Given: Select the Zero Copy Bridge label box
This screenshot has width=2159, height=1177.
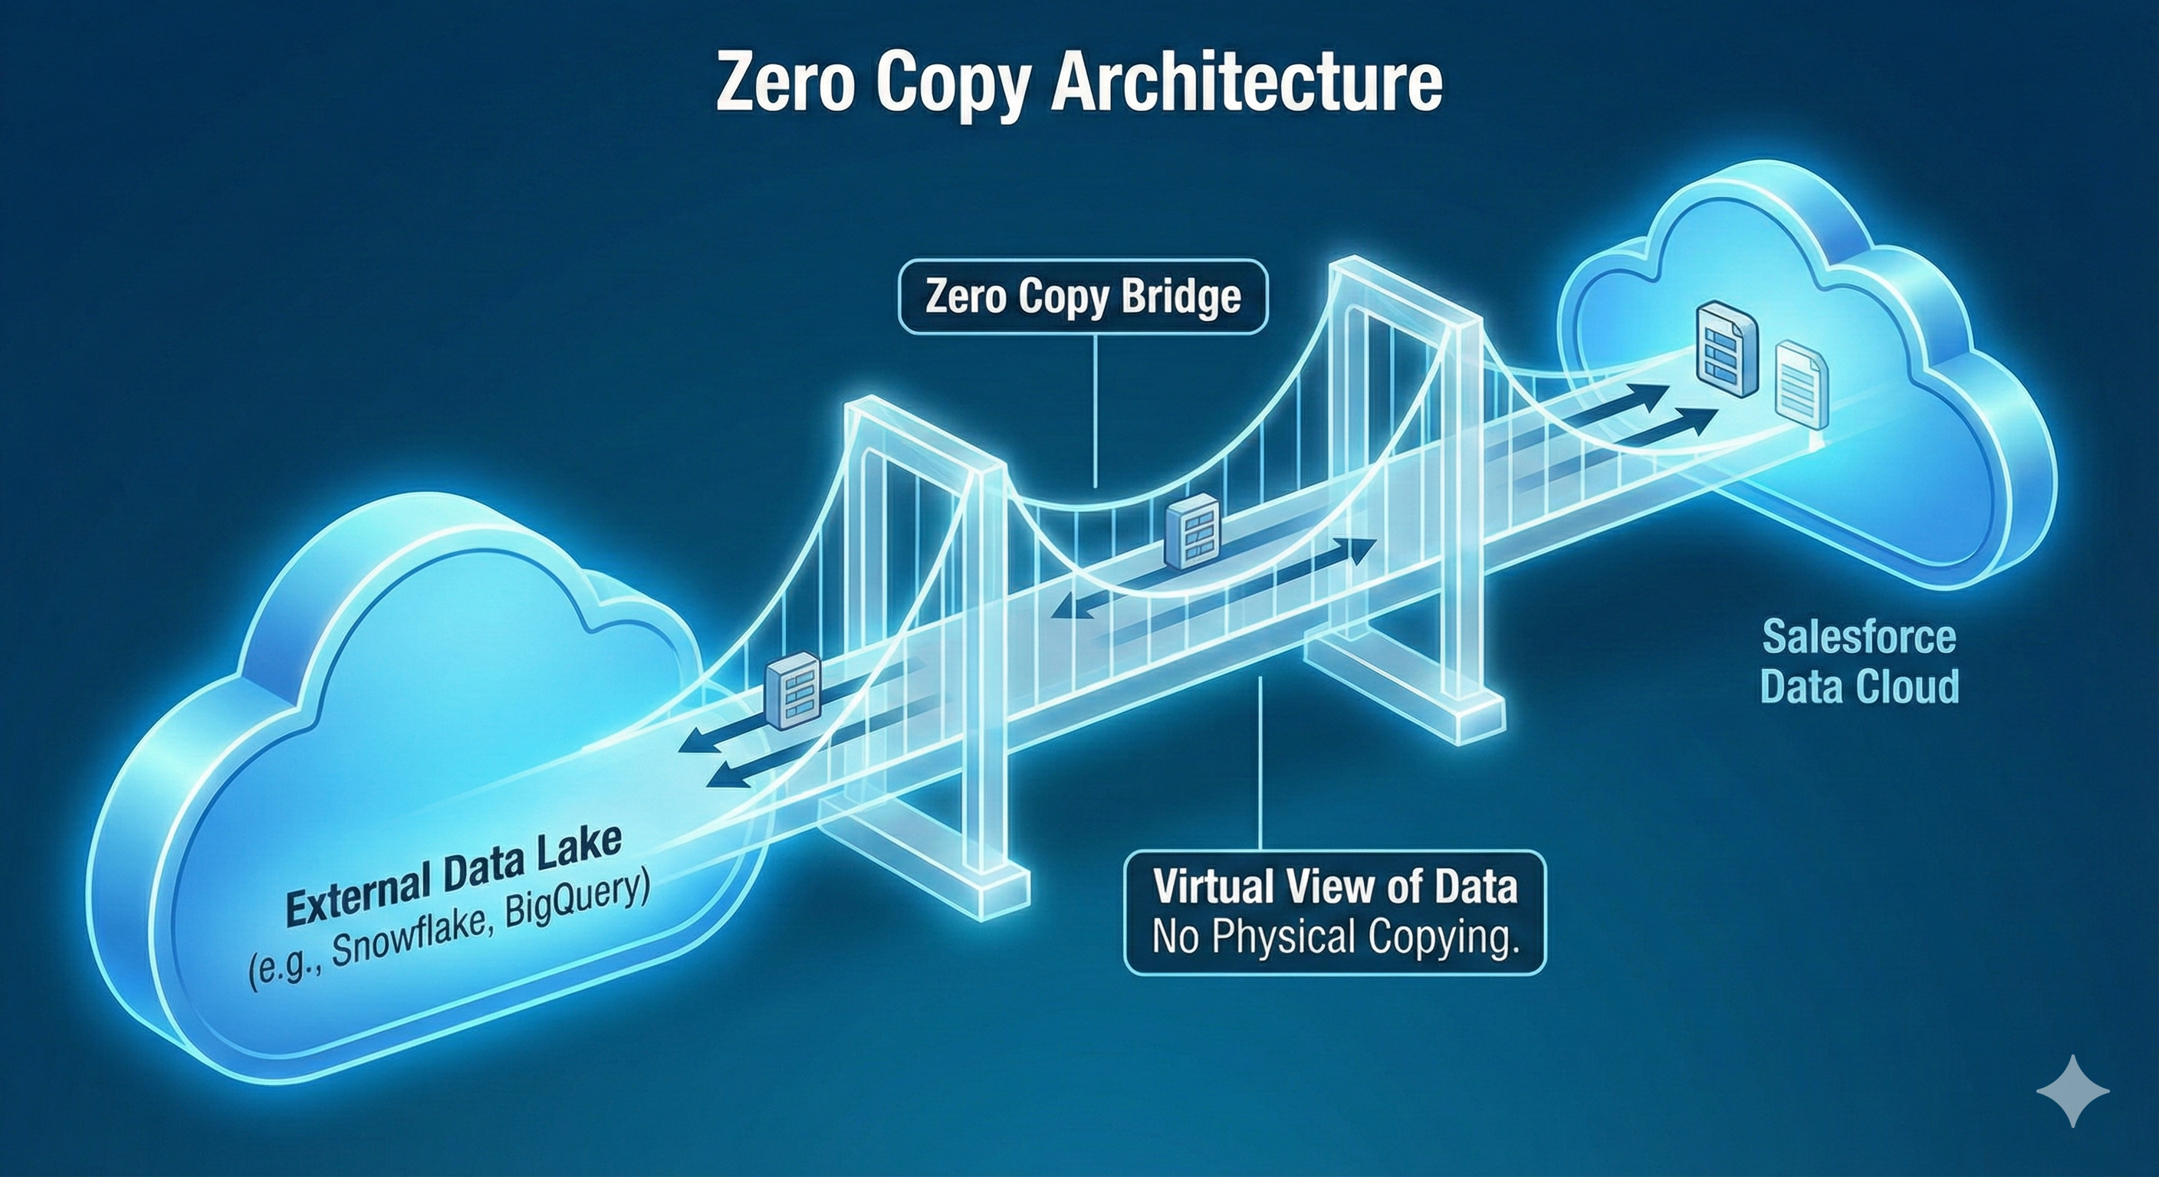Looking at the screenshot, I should tap(1082, 297).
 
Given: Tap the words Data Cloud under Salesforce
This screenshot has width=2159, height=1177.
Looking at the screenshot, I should tap(1859, 686).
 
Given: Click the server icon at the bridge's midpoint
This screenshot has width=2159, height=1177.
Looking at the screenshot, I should tap(1191, 531).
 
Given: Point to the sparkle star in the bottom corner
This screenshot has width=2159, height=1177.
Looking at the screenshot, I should tap(2072, 1090).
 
